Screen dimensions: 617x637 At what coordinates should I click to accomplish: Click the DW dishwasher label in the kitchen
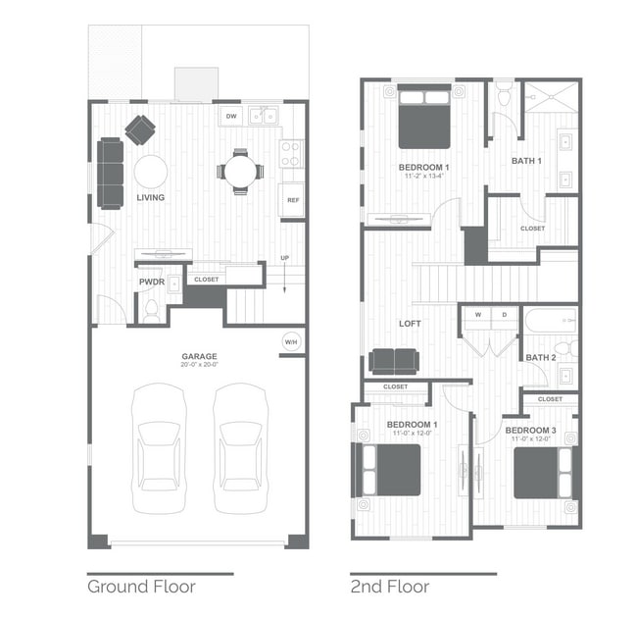231,117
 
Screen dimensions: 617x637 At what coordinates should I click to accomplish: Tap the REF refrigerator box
292,200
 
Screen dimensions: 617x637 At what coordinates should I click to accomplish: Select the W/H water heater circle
291,341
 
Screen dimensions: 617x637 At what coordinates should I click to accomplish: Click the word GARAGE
198,356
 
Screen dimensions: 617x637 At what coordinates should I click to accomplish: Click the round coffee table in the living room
151,172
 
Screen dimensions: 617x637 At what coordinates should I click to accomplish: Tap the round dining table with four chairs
240,172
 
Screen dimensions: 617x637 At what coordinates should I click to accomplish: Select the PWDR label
151,282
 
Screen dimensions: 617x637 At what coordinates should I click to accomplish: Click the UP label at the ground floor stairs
285,258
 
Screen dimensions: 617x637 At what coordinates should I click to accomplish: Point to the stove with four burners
291,153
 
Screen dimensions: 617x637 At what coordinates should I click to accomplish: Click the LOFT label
410,323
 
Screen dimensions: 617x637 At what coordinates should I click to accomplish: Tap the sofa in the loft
394,361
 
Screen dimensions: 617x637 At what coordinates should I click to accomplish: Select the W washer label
478,315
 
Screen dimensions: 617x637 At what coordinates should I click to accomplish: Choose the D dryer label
504,315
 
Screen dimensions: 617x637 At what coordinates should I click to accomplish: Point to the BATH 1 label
526,161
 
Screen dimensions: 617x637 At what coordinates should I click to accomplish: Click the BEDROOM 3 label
530,431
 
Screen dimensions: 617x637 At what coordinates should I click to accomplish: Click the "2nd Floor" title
389,587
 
